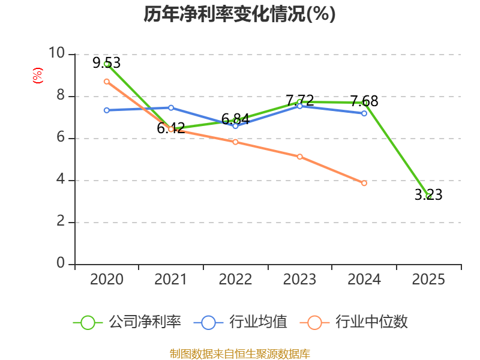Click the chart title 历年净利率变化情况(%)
pos(239,14)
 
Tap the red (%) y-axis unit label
pos(37,76)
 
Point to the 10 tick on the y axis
pos(56,53)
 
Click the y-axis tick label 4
pos(61,180)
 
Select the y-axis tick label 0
pos(61,264)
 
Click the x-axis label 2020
pos(106,280)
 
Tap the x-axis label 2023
pos(299,280)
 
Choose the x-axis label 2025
pos(428,280)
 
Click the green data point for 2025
pos(428,196)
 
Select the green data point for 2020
pos(106,64)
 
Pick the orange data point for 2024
pos(364,183)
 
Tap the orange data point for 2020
pos(106,81)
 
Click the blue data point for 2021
pos(171,107)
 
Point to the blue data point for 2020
pos(106,110)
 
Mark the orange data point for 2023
pos(299,157)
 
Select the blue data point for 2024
pos(364,113)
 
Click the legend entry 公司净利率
pos(127,322)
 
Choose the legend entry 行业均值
pos(241,322)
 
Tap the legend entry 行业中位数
pos(358,322)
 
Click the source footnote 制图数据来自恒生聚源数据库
pos(239,353)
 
